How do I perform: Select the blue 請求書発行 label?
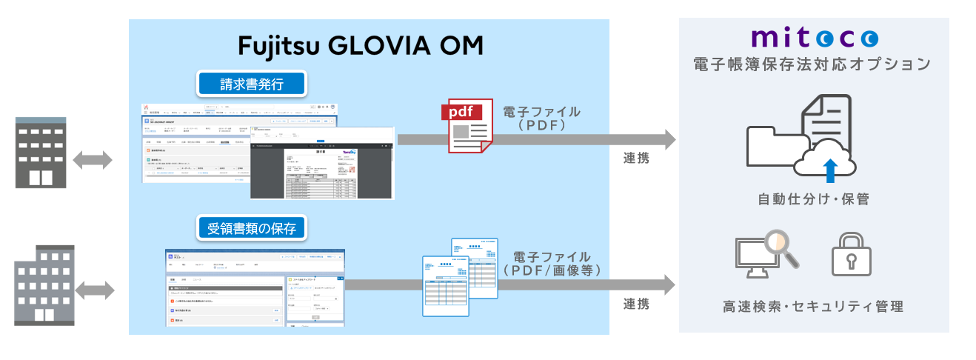click(252, 83)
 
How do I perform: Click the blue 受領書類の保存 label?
click(252, 228)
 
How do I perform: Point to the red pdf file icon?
click(466, 126)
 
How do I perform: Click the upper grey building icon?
click(41, 153)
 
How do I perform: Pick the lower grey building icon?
click(44, 285)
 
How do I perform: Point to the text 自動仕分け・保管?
click(813, 199)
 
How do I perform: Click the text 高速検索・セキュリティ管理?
click(813, 306)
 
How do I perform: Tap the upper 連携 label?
click(636, 157)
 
